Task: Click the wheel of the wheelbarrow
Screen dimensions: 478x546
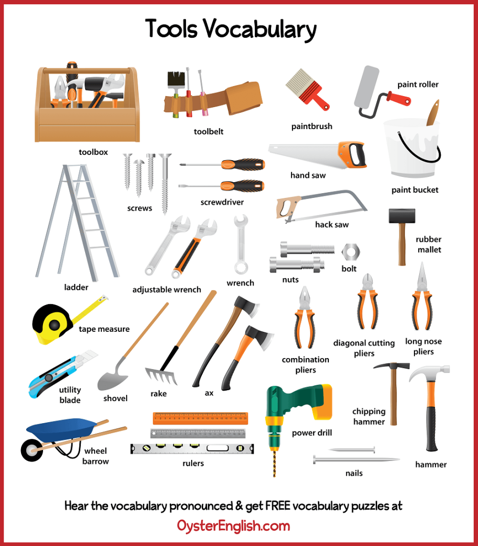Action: click(32, 450)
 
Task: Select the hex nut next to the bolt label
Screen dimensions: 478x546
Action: click(350, 252)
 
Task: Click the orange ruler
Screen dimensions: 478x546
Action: click(200, 418)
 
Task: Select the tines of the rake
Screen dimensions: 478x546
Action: click(161, 376)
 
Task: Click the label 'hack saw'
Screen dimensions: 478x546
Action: click(331, 225)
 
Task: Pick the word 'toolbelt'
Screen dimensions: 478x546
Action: click(209, 132)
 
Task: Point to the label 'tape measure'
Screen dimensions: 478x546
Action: click(104, 329)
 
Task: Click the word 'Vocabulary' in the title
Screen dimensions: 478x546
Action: click(260, 29)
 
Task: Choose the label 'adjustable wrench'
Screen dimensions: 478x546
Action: click(167, 290)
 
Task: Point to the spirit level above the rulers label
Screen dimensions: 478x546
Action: click(192, 448)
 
